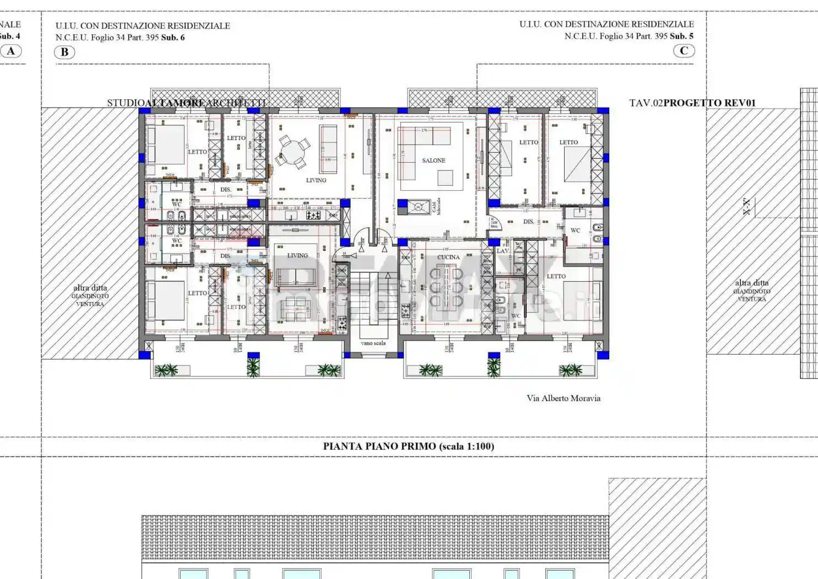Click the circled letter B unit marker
coord(64,52)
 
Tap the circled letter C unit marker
coord(684,51)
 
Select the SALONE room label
coord(434,160)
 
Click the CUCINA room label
coord(448,257)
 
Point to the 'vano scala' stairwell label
coord(373,343)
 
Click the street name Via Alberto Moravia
coord(563,398)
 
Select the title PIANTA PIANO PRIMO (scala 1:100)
coord(408,446)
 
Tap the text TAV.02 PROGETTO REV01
coord(692,103)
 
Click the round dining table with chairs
coord(292,152)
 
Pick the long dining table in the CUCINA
coord(449,287)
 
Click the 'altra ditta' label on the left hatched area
coord(90,288)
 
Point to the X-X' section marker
coord(746,207)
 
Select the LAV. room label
coord(503,251)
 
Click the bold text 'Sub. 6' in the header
coord(173,37)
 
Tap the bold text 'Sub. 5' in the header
coord(681,36)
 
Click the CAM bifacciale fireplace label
coord(436,206)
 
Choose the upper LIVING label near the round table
coord(316,180)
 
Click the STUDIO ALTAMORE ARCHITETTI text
coord(186,103)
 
